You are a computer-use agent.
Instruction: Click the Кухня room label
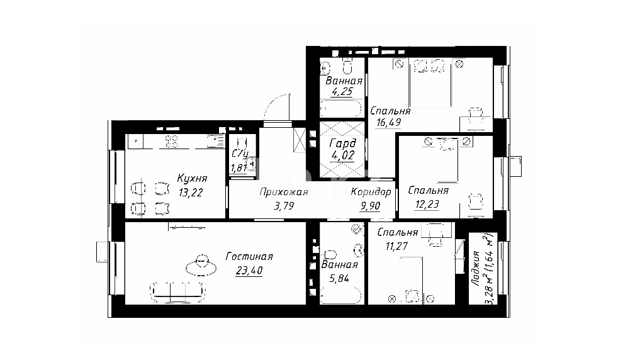[x=192, y=178]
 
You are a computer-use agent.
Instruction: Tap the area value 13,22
[x=191, y=193]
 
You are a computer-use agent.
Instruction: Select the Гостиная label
[x=249, y=256]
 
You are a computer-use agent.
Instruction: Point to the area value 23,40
[x=249, y=270]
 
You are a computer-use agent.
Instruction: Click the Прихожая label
[x=284, y=192]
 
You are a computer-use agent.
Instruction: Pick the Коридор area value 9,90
[x=370, y=206]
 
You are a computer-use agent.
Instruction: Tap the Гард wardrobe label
[x=342, y=143]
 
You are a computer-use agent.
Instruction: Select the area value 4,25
[x=342, y=91]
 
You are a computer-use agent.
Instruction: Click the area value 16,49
[x=388, y=122]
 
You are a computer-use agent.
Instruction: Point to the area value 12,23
[x=427, y=204]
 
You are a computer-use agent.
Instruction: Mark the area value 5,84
[x=339, y=278]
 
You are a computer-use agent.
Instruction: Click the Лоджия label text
[x=475, y=268]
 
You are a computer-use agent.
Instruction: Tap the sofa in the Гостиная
[x=177, y=292]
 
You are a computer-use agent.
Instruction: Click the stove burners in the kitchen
[x=172, y=141]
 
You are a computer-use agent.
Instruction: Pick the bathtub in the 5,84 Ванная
[x=341, y=296]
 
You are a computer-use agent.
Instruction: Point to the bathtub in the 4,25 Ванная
[x=341, y=109]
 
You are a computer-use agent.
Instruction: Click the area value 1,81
[x=239, y=168]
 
